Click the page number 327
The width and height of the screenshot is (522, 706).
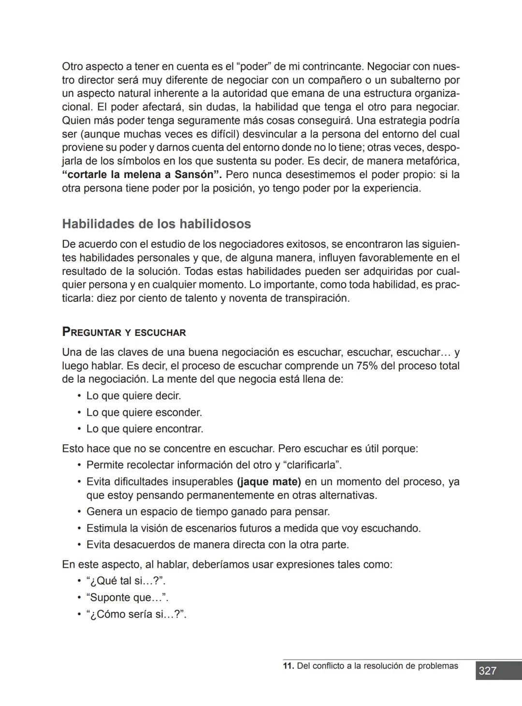(x=488, y=671)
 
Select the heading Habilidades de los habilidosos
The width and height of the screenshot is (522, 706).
(x=157, y=224)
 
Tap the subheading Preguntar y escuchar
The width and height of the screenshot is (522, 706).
(x=124, y=332)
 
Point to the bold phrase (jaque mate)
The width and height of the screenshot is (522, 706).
(x=269, y=482)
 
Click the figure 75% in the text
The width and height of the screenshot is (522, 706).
(x=367, y=366)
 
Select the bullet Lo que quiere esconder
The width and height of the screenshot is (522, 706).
(x=144, y=413)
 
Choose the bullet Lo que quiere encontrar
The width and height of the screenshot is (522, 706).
(x=145, y=429)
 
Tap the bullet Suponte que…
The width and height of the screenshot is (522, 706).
(x=127, y=598)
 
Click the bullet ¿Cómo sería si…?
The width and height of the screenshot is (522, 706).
(x=136, y=615)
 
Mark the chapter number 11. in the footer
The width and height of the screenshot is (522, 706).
(x=288, y=666)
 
